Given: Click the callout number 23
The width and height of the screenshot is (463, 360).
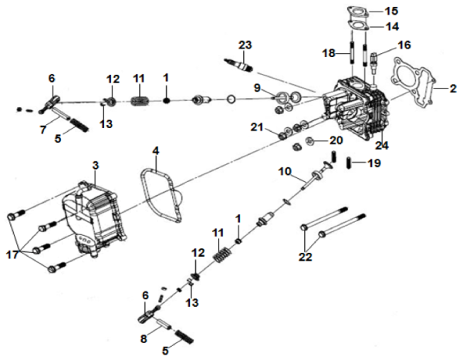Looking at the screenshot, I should [x=245, y=45].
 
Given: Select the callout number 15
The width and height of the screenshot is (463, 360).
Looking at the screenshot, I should [x=392, y=12].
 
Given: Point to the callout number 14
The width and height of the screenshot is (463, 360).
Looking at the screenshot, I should [x=392, y=27].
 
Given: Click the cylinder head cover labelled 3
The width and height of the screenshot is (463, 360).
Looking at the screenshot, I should [x=93, y=212].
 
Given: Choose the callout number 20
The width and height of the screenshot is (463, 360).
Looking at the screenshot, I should [x=335, y=140].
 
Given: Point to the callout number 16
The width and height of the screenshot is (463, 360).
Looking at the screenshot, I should [x=404, y=45].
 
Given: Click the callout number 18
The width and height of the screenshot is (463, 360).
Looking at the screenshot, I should [x=329, y=52].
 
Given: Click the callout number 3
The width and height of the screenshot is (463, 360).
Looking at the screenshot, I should [x=95, y=165].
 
